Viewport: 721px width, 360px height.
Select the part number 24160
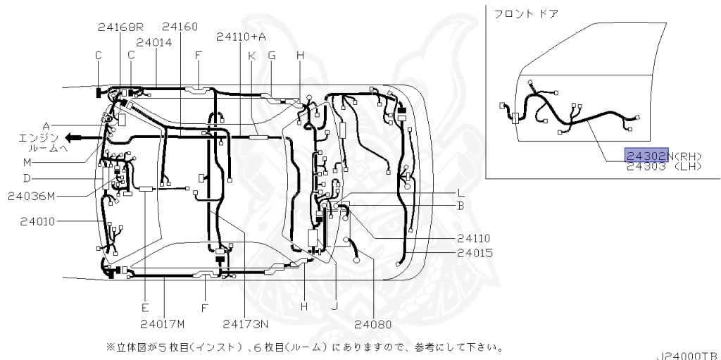click(x=180, y=27)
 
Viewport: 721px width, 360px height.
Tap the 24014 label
click(x=155, y=42)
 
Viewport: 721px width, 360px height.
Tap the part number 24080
click(x=372, y=325)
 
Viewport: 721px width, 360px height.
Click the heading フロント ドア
click(x=525, y=14)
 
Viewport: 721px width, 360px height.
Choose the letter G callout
click(x=272, y=55)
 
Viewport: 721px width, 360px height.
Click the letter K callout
click(x=251, y=55)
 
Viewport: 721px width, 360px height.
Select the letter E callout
click(x=144, y=307)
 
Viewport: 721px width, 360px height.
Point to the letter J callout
click(x=334, y=307)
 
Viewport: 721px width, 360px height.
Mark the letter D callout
click(x=46, y=178)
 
